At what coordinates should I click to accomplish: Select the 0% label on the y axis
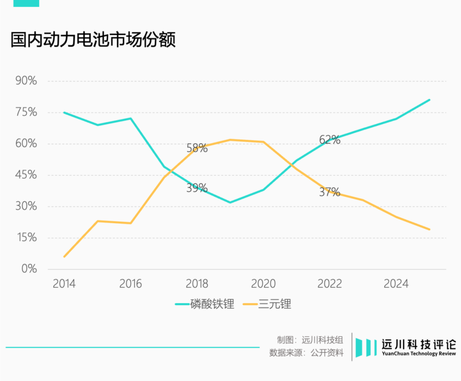click(29, 269)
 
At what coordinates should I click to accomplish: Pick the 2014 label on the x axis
click(64, 284)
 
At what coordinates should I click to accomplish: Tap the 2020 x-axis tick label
click(263, 284)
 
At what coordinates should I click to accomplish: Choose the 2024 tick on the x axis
click(396, 284)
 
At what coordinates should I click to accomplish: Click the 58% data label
click(197, 148)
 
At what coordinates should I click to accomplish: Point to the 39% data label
click(197, 188)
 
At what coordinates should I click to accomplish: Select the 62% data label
click(330, 140)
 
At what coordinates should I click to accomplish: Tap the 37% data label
click(330, 192)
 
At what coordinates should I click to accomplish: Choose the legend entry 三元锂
click(275, 304)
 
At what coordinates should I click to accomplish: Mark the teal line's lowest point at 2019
click(230, 202)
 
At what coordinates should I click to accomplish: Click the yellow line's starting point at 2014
click(64, 256)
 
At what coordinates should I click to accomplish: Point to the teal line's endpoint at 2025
click(429, 100)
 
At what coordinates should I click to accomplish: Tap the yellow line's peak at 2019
click(230, 139)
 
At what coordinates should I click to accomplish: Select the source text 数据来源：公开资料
click(306, 353)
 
